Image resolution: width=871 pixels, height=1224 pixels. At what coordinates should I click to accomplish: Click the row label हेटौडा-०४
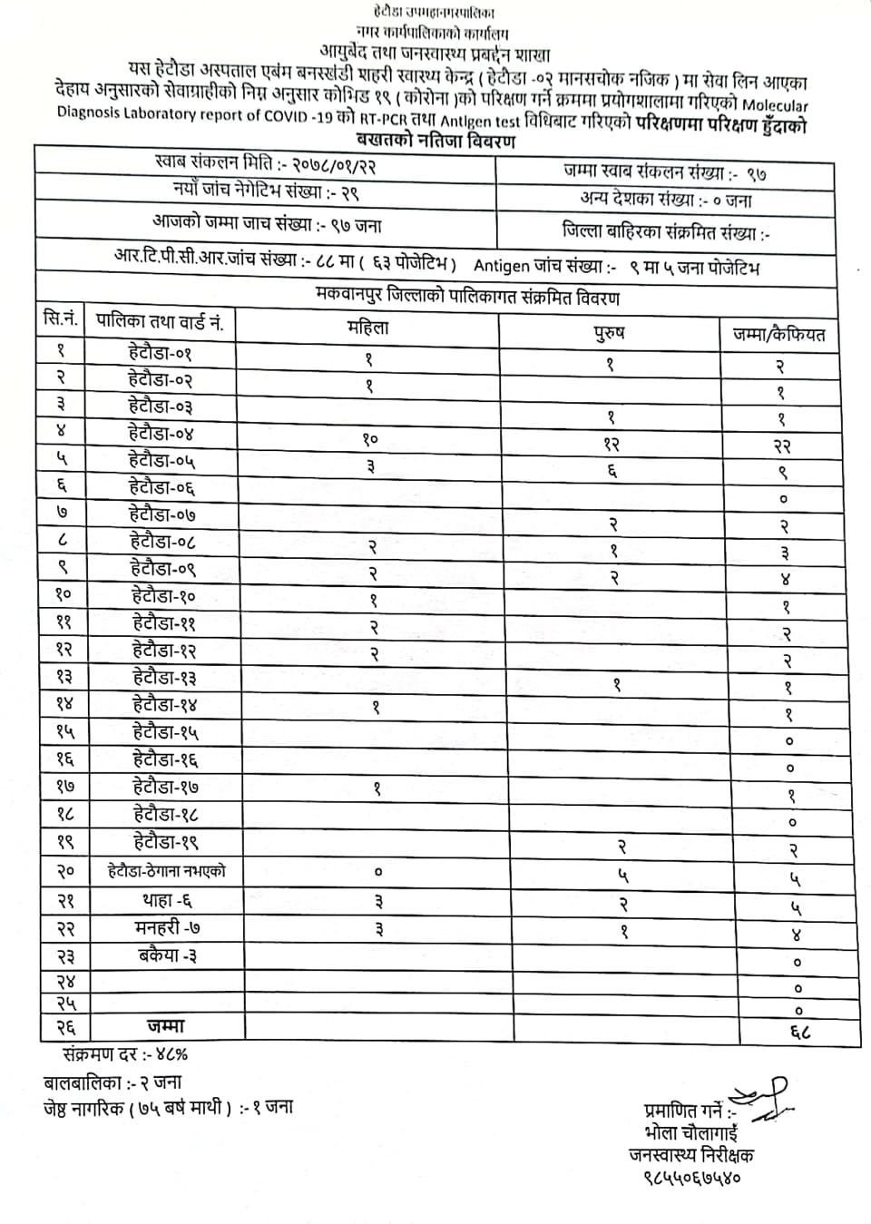161,434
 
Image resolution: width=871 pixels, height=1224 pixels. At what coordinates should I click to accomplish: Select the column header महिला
367,328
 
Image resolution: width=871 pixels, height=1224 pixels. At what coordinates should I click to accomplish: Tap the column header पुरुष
609,333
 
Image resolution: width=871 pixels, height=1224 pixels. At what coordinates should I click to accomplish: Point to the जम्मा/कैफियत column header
778,335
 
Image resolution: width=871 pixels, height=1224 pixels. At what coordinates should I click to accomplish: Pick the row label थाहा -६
167,900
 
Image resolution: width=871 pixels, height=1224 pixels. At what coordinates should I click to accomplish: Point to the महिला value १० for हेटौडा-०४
369,440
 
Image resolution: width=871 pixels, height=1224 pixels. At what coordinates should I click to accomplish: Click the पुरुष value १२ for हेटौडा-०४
611,445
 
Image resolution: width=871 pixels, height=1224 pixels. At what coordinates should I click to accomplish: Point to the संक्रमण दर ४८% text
125,1054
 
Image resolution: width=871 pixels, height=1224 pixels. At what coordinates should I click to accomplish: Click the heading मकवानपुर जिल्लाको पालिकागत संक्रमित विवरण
469,298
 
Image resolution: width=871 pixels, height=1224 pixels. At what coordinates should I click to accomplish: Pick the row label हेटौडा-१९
165,842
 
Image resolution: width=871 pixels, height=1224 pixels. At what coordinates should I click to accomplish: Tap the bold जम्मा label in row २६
165,1026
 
